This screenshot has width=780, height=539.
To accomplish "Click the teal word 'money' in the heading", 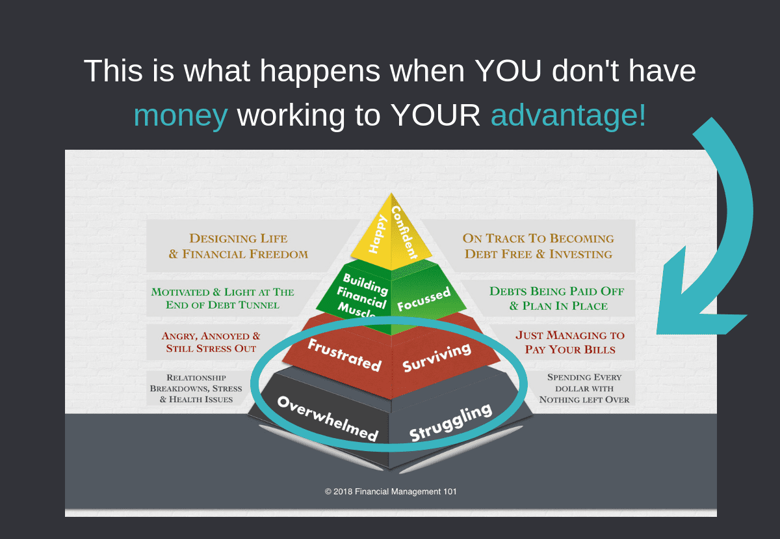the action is click(181, 115).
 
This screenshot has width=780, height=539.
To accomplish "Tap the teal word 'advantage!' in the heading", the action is click(568, 115).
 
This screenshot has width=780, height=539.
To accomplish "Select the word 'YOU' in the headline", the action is click(508, 71).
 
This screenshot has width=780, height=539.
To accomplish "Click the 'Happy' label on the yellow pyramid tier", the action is click(378, 234).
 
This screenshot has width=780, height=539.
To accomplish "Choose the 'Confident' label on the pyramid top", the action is click(404, 232).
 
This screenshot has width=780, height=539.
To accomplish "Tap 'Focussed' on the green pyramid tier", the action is click(424, 299).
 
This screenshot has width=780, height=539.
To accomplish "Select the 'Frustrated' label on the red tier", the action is click(344, 355).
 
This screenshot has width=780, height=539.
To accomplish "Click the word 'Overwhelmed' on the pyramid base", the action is click(328, 419).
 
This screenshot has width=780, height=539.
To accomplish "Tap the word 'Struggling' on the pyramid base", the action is click(450, 422).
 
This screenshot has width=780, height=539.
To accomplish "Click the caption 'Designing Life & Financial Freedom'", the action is click(239, 246).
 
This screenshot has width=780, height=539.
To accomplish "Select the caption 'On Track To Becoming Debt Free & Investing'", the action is click(538, 246).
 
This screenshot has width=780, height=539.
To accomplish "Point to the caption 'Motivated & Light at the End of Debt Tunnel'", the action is click(222, 298).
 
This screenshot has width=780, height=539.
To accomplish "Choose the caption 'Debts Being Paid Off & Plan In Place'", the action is click(557, 298).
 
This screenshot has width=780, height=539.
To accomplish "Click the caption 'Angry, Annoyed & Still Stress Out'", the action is click(211, 342).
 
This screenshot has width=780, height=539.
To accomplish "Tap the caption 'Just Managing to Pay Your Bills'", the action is click(570, 342).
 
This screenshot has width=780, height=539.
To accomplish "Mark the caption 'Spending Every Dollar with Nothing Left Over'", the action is click(584, 389).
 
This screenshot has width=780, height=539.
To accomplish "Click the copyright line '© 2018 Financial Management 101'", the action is click(391, 491).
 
